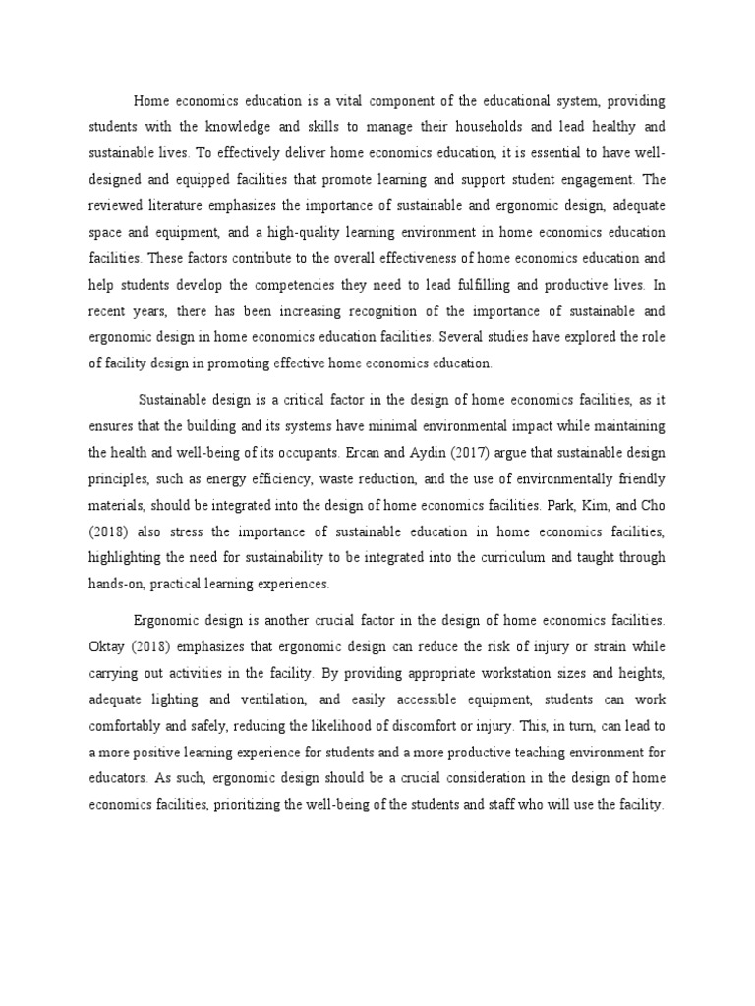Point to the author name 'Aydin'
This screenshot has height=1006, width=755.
point(473,453)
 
